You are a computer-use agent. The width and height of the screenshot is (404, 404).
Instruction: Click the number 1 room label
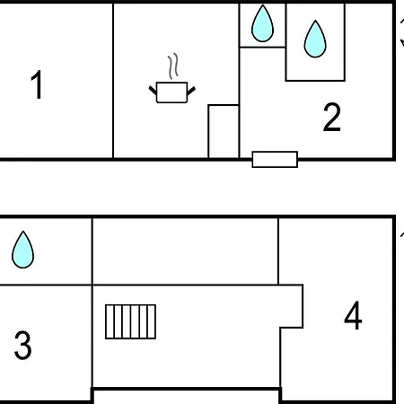[x=37, y=84]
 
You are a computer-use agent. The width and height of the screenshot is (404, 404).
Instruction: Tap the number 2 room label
[x=332, y=117]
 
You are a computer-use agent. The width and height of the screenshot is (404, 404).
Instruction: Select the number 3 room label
[x=23, y=345]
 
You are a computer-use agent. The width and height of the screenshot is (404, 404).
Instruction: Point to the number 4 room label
[x=353, y=315]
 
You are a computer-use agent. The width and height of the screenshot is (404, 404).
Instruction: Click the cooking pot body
[x=171, y=92]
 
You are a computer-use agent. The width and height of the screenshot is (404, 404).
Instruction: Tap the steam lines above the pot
[x=173, y=66]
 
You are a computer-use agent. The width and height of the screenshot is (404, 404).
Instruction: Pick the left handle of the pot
[x=153, y=91]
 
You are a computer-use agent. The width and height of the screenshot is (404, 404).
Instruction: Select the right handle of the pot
[x=191, y=91]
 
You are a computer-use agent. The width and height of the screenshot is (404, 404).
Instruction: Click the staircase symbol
[x=130, y=321]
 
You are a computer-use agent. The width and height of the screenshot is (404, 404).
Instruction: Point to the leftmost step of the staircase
[x=110, y=321]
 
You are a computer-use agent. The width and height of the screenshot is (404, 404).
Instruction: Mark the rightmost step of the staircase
[x=152, y=321]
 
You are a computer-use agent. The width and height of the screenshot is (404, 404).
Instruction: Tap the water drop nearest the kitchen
[x=262, y=23]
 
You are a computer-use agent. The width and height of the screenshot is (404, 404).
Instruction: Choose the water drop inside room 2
[x=315, y=39]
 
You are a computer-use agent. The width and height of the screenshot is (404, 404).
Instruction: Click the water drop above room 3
[x=22, y=250]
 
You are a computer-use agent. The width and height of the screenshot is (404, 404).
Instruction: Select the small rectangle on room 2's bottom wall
[x=275, y=159]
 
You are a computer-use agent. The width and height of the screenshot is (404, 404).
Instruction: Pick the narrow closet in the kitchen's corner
[x=224, y=131]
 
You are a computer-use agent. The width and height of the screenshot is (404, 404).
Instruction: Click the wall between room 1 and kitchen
[x=113, y=81]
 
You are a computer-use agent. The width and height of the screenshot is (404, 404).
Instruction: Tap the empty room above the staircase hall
[x=185, y=251]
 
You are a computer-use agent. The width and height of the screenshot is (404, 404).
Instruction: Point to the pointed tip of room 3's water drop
[x=23, y=231]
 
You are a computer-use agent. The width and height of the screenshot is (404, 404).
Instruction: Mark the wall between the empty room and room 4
[x=278, y=251]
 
